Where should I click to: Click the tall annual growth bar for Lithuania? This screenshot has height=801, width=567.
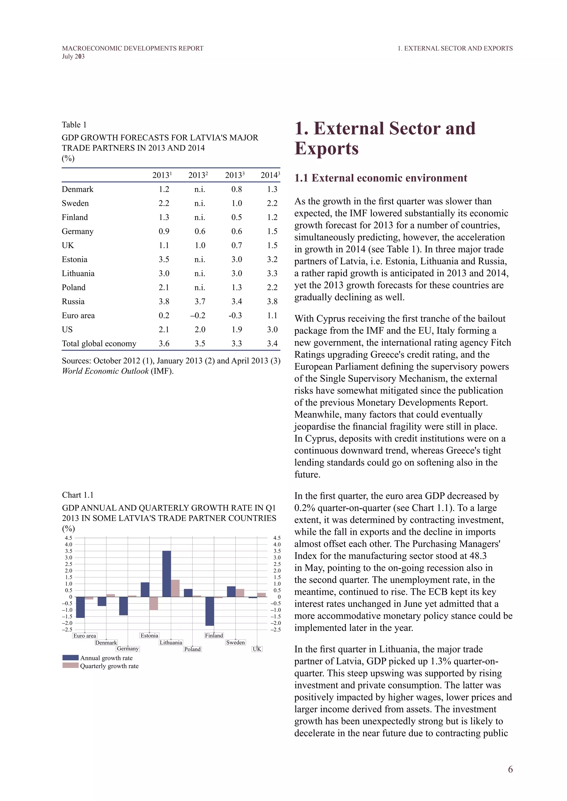click(x=167, y=574)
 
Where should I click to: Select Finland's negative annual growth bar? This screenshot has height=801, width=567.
click(x=210, y=611)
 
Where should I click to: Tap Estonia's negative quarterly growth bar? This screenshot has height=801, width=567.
click(x=154, y=603)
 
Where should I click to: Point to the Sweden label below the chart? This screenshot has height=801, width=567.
click(x=235, y=642)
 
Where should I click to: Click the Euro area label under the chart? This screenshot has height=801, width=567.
click(x=84, y=636)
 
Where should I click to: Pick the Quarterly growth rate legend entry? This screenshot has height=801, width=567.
click(x=109, y=666)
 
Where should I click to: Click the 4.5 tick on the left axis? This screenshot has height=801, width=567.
click(x=68, y=538)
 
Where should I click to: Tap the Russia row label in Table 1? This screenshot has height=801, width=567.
click(x=73, y=301)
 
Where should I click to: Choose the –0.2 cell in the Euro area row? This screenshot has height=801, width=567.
click(x=198, y=315)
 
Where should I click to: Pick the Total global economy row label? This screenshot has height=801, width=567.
click(x=99, y=344)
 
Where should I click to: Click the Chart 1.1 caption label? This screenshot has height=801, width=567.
click(x=78, y=495)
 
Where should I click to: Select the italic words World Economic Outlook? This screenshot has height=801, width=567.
click(x=105, y=371)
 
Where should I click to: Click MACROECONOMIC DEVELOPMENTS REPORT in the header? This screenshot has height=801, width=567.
click(x=132, y=48)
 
